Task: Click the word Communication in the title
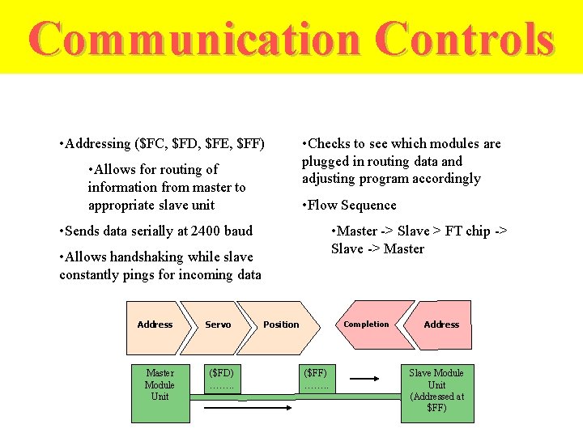[194, 39]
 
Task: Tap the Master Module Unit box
[160, 385]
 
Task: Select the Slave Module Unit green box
[436, 391]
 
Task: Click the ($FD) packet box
[221, 379]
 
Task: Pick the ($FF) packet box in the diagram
[315, 379]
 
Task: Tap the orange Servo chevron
[218, 325]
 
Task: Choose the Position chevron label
[281, 325]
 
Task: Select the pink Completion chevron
[366, 325]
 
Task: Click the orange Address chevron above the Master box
[155, 325]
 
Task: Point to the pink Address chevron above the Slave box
[441, 325]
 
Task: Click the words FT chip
[467, 231]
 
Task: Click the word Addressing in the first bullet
[97, 144]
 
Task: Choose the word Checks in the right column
[328, 144]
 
